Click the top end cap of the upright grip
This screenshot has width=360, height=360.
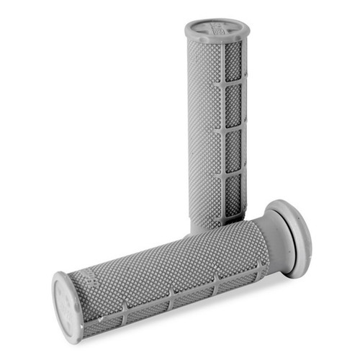tap(216, 31)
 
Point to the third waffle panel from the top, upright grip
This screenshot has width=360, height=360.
tap(233, 151)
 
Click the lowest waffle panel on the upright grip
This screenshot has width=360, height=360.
tap(232, 194)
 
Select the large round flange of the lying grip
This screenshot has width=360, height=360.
tap(292, 238)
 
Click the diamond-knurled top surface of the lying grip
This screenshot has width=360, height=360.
tap(173, 256)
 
